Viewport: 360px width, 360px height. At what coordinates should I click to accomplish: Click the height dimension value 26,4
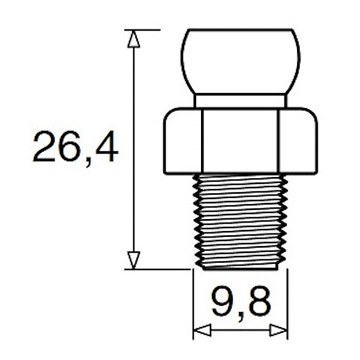[x=75, y=148]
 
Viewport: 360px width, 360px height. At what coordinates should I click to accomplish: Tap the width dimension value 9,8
[x=240, y=303]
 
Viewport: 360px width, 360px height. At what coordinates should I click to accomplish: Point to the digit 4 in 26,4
[x=106, y=148]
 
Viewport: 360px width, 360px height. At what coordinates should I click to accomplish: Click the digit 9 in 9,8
[x=221, y=303]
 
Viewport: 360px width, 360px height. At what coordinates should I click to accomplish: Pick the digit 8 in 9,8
[x=259, y=303]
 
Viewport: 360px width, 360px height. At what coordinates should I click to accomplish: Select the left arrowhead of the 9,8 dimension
[x=202, y=330]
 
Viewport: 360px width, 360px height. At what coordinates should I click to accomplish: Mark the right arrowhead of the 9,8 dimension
[x=279, y=330]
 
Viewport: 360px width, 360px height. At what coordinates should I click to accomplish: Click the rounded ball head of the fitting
[x=240, y=60]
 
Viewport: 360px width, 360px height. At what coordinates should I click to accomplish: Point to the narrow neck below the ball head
[x=240, y=101]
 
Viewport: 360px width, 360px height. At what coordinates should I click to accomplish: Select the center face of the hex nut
[x=240, y=141]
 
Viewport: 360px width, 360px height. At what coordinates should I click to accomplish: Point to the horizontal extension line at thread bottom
[x=159, y=269]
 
